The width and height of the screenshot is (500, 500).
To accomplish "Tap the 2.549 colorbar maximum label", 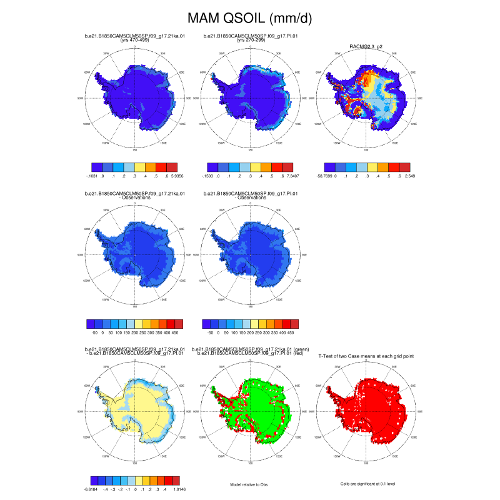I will (x=406, y=177).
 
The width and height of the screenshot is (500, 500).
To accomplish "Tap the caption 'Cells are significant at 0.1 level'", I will (x=366, y=484).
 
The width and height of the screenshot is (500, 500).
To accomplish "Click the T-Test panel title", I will (x=366, y=356).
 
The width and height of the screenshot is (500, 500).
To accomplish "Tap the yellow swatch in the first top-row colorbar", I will (x=140, y=167).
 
